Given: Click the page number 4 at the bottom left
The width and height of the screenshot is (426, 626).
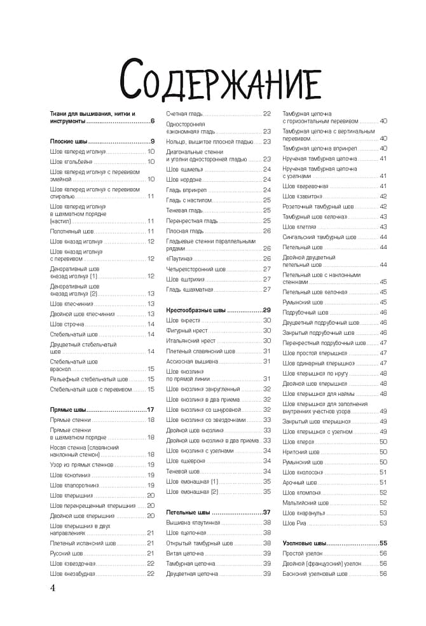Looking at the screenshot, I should pos(53,588).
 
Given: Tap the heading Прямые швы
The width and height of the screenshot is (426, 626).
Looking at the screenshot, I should pos(69,409).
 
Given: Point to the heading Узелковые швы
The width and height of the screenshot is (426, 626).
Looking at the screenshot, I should pos(305,543).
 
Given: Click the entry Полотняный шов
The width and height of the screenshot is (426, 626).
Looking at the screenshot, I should pos(72,231).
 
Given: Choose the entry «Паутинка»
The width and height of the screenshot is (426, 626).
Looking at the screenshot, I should pos(179,259).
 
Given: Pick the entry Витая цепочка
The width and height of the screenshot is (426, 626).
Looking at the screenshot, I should pos(185,553).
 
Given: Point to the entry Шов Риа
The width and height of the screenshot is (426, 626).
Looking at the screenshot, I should pos(294,522).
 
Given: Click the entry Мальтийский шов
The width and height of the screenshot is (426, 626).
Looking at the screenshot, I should pos(306,502).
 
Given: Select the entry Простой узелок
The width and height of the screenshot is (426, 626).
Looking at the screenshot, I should pos(303,554).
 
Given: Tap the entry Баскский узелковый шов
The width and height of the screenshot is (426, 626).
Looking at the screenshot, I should pos(315,573).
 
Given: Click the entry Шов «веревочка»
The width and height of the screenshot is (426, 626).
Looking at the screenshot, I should pos(305,186).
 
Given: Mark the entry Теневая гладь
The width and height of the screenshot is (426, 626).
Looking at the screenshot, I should pos(184,210).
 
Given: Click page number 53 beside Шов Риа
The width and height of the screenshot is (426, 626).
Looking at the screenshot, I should pos(383,522).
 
